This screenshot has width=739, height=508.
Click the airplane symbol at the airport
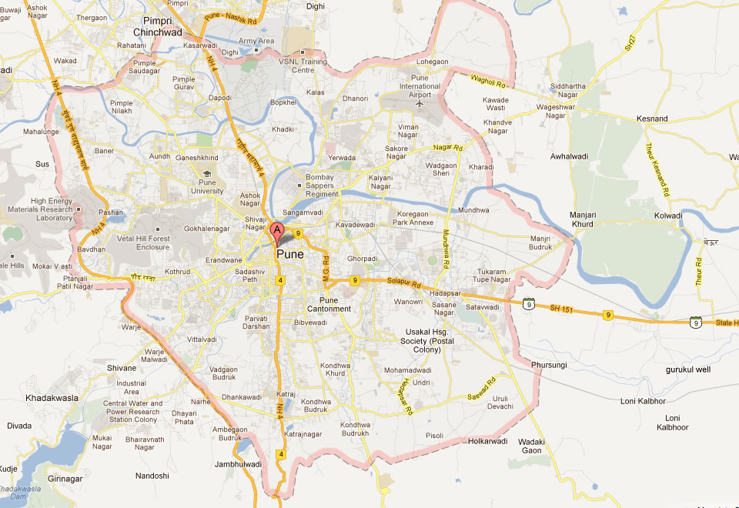[420, 103]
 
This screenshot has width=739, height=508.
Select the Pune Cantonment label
[335, 304]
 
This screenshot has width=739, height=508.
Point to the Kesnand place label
[652, 119]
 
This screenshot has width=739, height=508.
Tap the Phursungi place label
[549, 364]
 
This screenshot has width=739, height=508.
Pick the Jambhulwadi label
[239, 464]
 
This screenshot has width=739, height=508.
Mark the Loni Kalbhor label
[643, 401]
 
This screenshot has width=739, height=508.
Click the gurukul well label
[688, 370]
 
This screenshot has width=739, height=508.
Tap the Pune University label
[206, 186]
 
